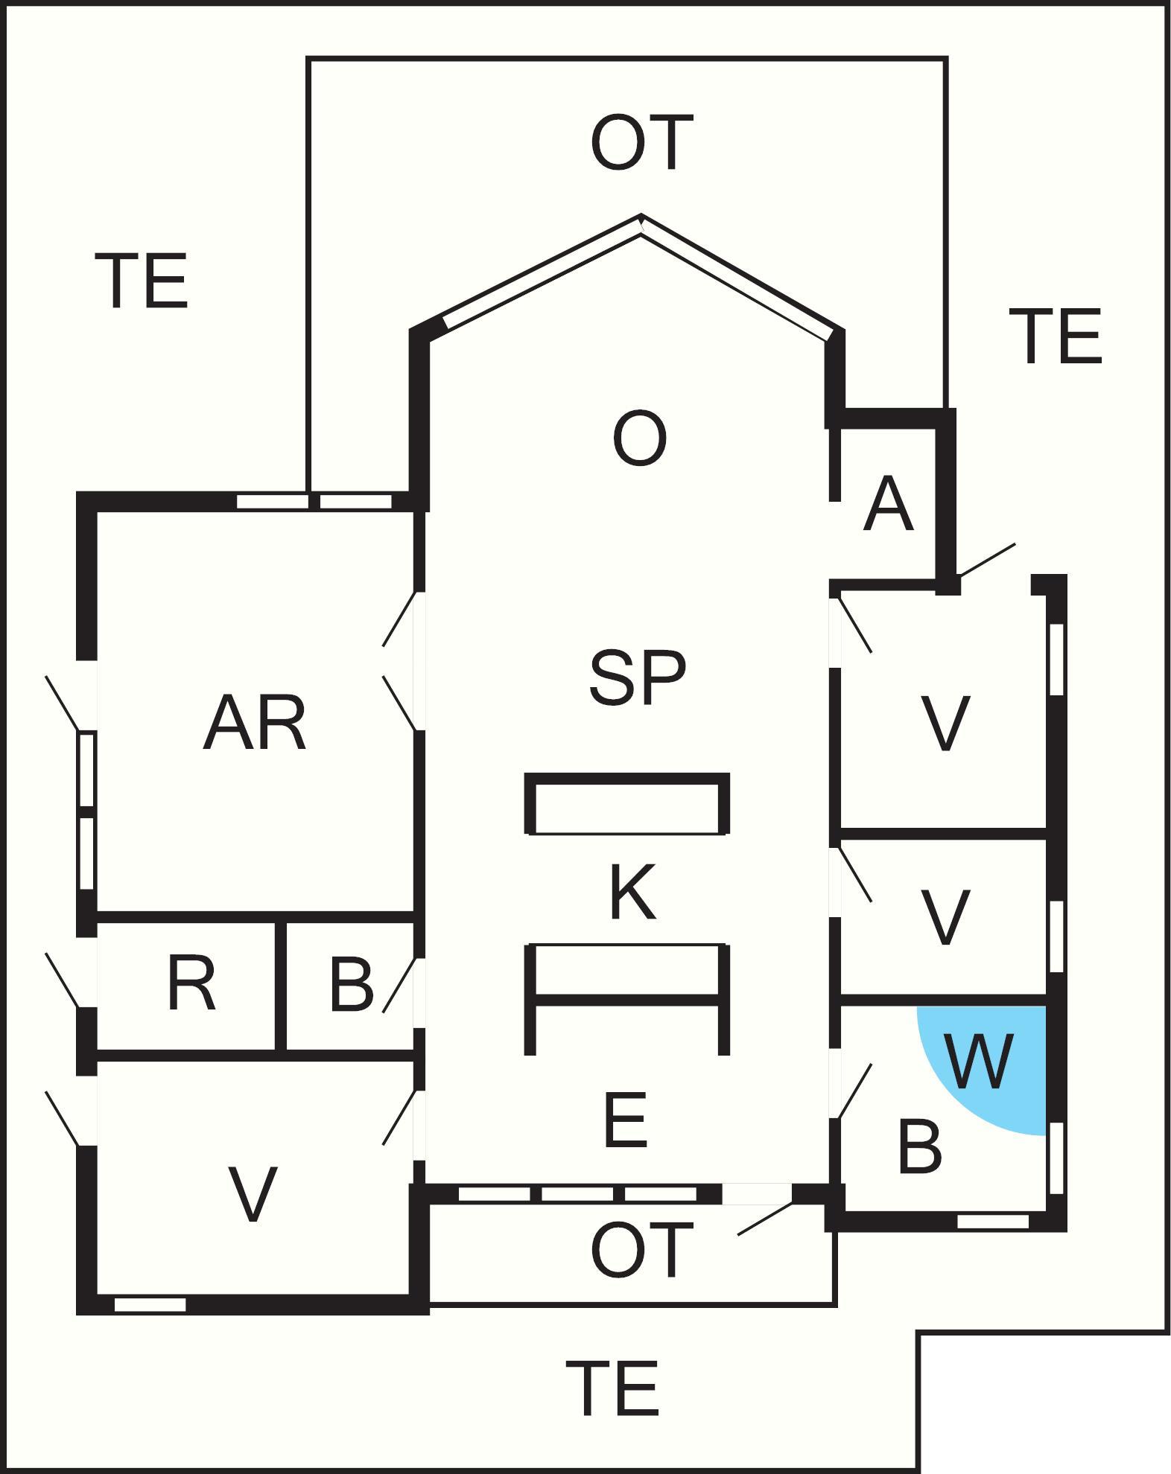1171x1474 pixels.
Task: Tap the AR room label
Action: click(255, 723)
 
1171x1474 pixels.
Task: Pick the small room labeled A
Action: click(888, 505)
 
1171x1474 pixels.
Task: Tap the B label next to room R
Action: click(351, 983)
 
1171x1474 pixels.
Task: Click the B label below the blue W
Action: click(920, 1146)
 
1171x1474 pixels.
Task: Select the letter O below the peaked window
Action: click(639, 439)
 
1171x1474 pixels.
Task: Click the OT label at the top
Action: click(641, 142)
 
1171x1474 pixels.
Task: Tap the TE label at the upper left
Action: click(142, 281)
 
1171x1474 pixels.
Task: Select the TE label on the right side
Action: click(1056, 336)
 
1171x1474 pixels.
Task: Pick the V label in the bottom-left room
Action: click(253, 1193)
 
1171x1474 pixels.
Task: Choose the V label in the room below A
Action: click(945, 723)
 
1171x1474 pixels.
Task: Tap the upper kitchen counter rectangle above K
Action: click(627, 803)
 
